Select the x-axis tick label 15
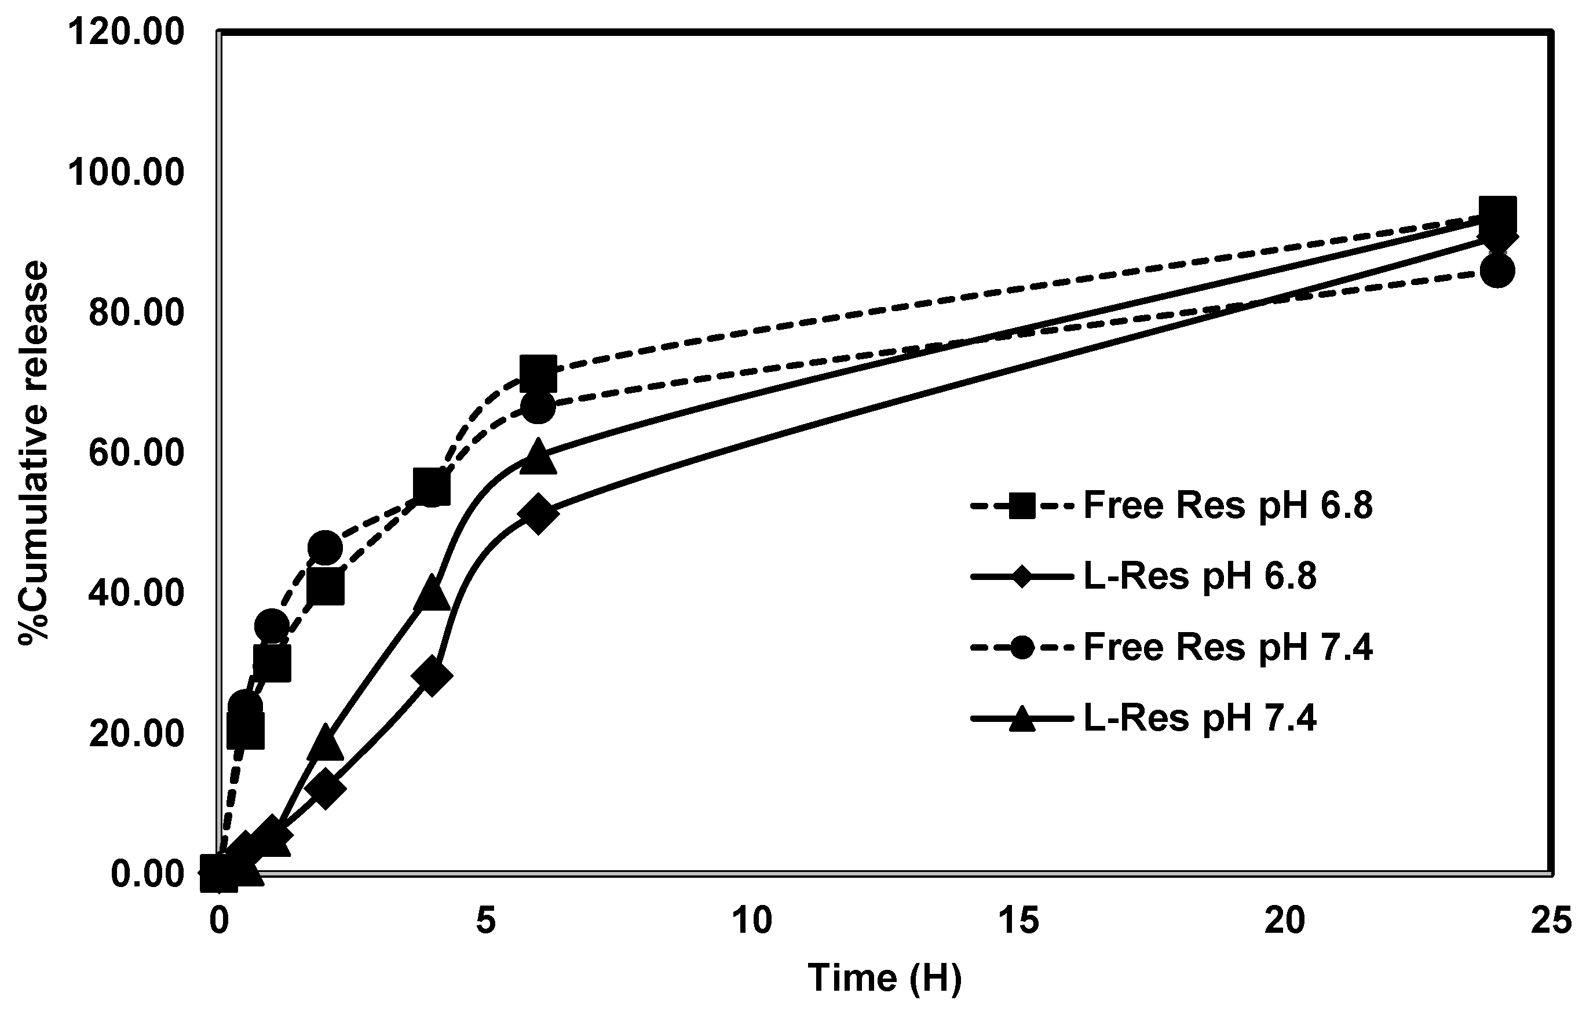[1018, 921]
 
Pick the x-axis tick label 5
[485, 921]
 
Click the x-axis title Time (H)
[885, 977]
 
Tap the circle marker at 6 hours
[538, 408]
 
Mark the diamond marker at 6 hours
[538, 514]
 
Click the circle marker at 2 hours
[325, 548]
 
